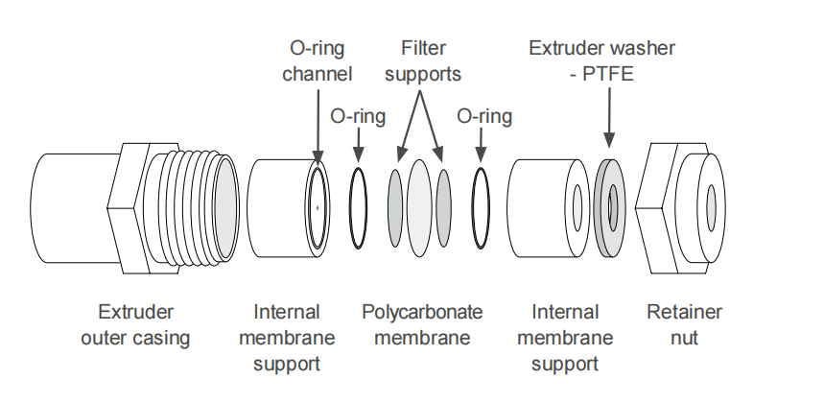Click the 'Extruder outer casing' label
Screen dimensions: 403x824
click(x=135, y=325)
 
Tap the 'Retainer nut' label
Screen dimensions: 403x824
click(x=685, y=325)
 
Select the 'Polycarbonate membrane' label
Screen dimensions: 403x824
click(x=422, y=325)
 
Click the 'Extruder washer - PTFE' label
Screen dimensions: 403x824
click(x=602, y=60)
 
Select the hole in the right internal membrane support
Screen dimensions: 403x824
click(x=577, y=203)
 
